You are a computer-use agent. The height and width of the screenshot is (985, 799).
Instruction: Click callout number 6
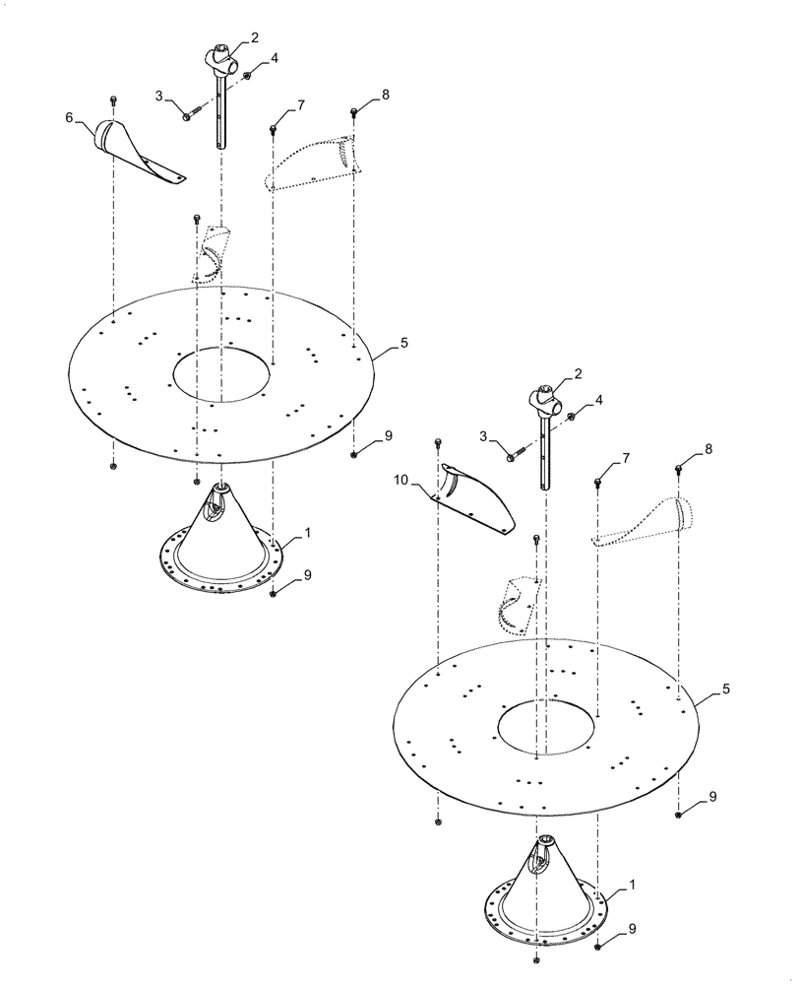pyautogui.click(x=69, y=118)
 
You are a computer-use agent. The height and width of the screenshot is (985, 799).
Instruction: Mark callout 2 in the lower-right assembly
pyautogui.click(x=578, y=373)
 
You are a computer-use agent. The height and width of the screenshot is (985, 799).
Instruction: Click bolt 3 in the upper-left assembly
pyautogui.click(x=189, y=114)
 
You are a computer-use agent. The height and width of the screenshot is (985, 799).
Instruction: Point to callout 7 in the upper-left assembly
pyautogui.click(x=301, y=104)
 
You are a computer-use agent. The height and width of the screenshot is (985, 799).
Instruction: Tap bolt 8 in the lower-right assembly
pyautogui.click(x=679, y=467)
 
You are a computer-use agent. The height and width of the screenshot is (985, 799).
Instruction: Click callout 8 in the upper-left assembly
pyautogui.click(x=385, y=94)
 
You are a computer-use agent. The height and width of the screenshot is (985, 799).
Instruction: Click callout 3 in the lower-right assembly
pyautogui.click(x=483, y=436)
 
